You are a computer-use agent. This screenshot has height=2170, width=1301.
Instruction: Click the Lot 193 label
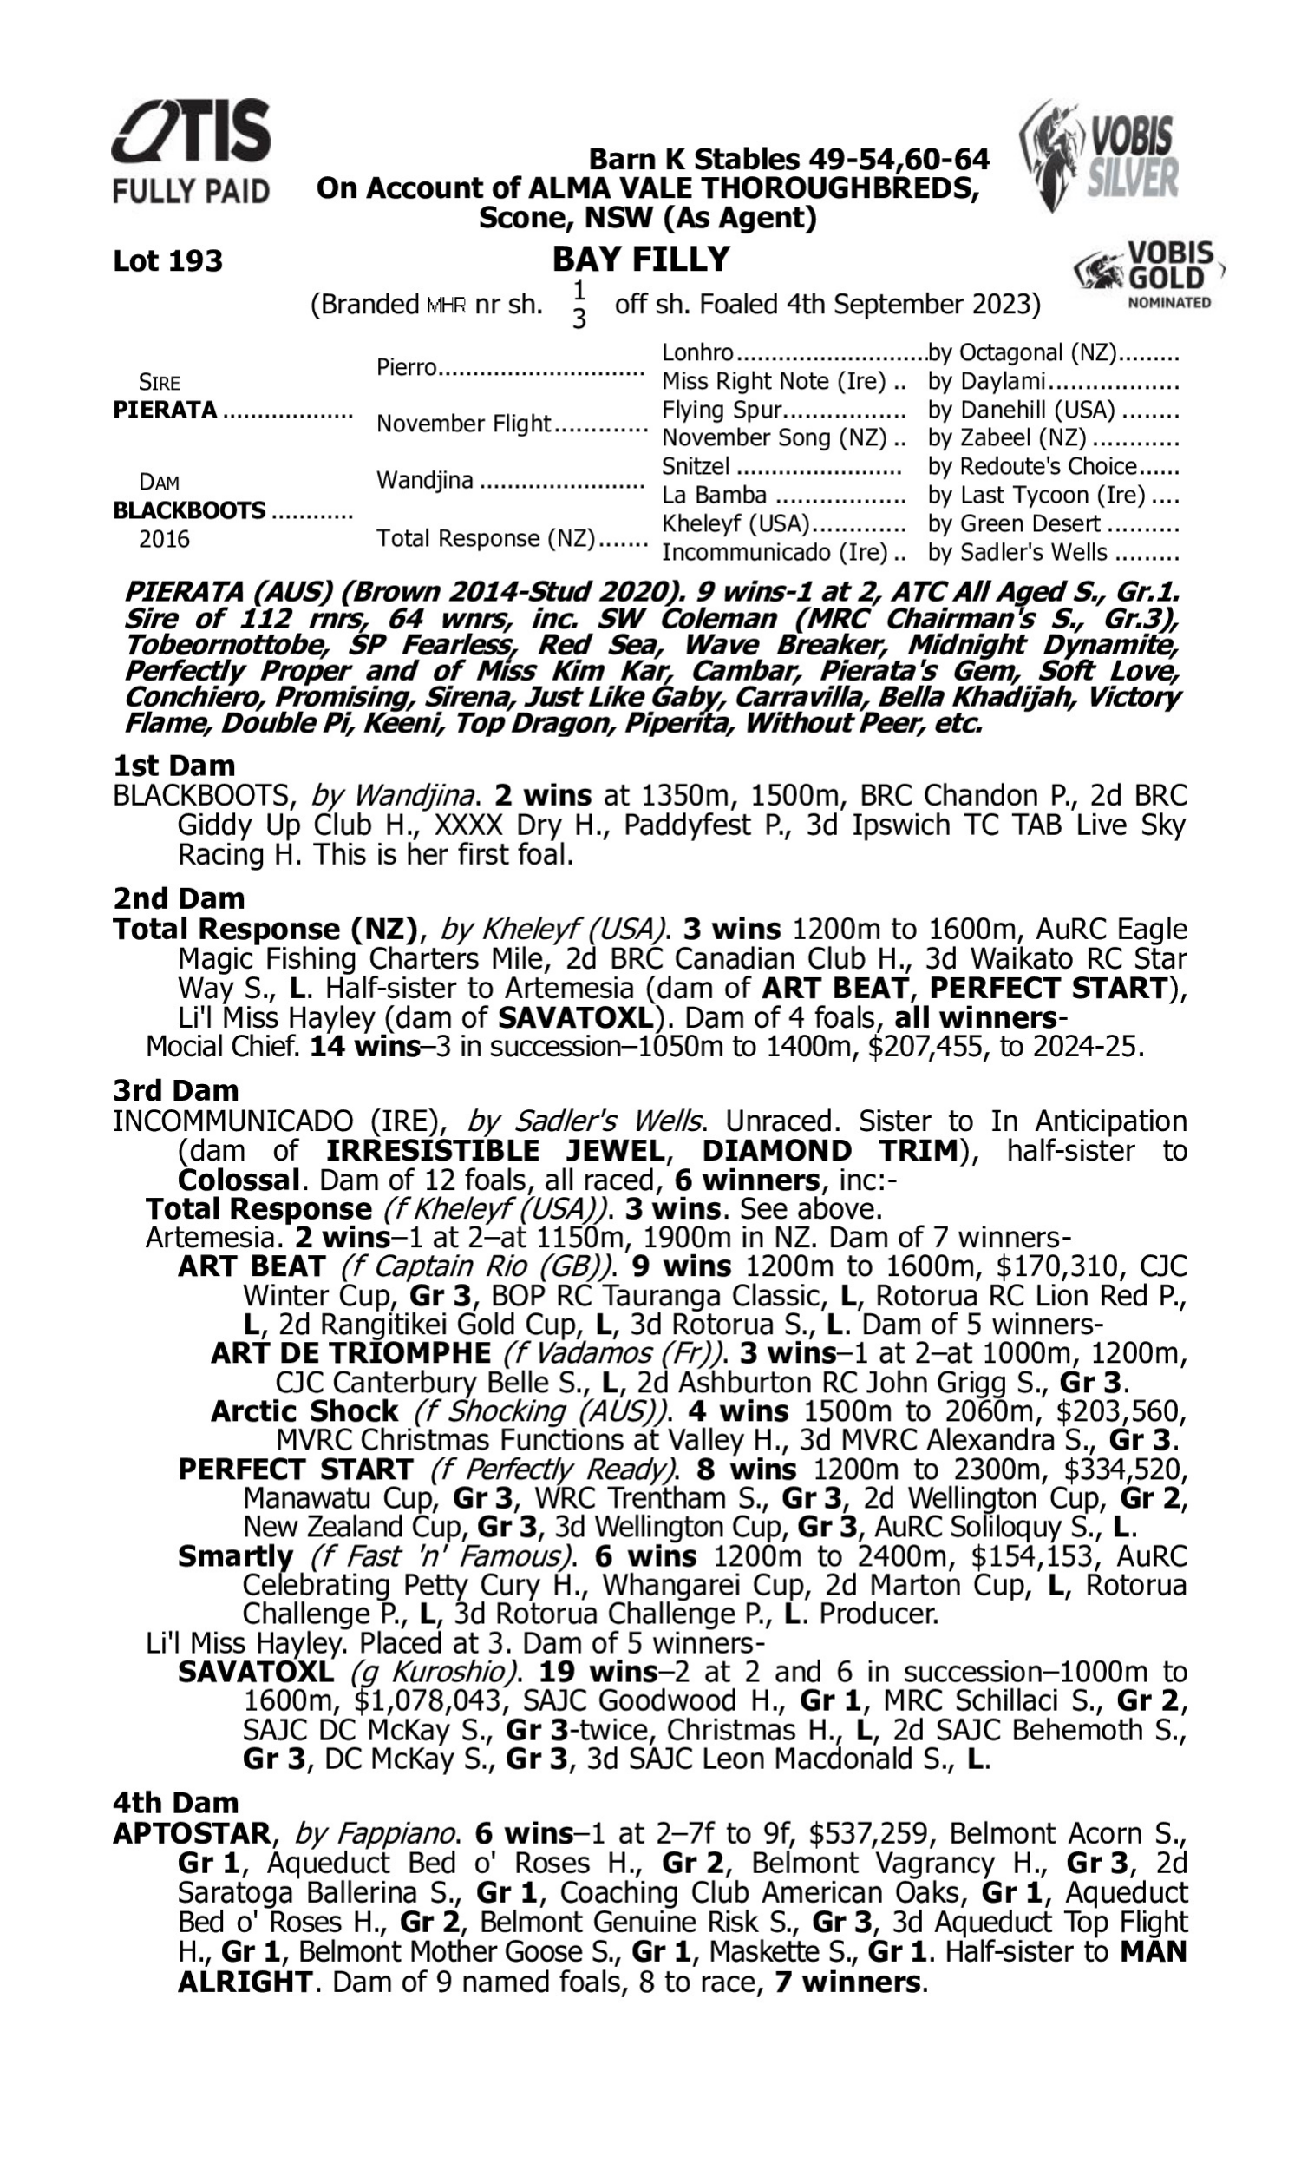(x=167, y=260)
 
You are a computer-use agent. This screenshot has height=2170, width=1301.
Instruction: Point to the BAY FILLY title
(x=641, y=259)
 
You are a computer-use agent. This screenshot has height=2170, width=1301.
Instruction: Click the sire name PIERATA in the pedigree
(x=165, y=410)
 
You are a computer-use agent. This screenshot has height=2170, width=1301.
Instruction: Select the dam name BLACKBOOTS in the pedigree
(x=188, y=510)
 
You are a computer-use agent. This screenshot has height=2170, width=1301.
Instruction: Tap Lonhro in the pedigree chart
(x=697, y=352)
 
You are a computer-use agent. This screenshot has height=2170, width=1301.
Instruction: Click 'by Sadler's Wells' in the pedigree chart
(x=1017, y=553)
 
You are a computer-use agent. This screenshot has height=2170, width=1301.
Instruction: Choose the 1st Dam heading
(x=173, y=766)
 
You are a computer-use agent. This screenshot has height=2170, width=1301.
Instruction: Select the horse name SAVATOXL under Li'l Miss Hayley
(x=255, y=1672)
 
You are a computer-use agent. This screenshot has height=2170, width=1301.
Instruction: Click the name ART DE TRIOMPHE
(x=350, y=1352)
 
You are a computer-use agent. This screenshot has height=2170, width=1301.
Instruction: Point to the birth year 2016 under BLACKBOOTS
(x=164, y=538)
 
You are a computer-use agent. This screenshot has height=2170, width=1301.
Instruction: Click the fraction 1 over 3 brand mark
(x=579, y=305)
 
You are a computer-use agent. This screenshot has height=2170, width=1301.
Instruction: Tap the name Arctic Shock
(x=304, y=1411)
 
